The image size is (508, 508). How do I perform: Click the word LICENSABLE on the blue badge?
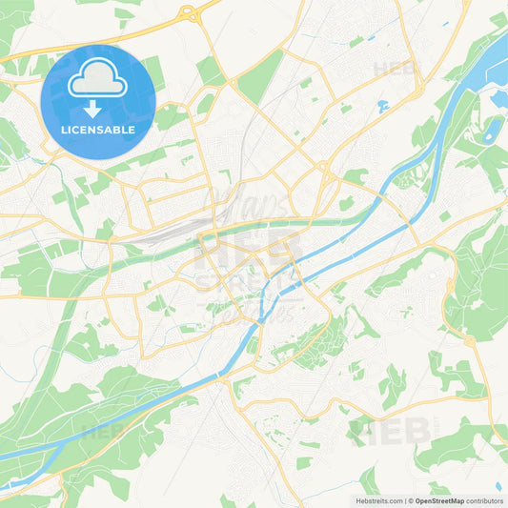(97, 129)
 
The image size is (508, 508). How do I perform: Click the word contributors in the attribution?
(484, 499)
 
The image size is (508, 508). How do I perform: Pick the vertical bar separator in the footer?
(403, 499)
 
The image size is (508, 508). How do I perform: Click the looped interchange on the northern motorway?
(187, 13)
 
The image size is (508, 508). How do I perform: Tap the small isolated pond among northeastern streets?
(382, 105)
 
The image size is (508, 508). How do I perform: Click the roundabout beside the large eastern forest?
(468, 340)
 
